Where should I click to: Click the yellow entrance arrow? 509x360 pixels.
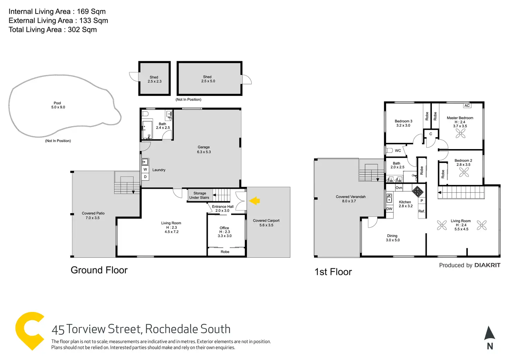point(254,201)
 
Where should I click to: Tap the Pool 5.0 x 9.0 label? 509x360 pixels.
point(58,105)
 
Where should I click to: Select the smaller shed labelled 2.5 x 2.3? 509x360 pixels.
point(154,79)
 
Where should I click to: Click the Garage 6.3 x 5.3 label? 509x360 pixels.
point(204,149)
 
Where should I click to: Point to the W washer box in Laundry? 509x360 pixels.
point(145,169)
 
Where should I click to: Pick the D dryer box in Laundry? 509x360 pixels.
point(145,177)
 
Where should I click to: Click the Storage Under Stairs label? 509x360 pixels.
point(199,195)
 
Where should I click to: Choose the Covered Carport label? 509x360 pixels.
point(266,223)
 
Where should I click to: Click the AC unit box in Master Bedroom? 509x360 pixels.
point(467,106)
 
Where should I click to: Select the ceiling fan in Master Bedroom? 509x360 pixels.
point(460,133)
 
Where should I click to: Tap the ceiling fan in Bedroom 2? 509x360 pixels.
point(464,172)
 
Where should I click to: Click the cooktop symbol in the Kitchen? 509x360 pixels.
point(417,191)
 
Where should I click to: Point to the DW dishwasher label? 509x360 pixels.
point(389,209)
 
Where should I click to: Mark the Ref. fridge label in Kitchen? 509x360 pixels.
point(422,211)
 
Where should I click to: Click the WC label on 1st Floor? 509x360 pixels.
point(398,151)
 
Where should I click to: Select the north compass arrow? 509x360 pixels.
point(490,333)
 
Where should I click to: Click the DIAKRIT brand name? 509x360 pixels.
point(487,265)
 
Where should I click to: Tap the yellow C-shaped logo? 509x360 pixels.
point(29,330)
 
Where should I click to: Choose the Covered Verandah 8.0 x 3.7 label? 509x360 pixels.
point(350,199)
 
